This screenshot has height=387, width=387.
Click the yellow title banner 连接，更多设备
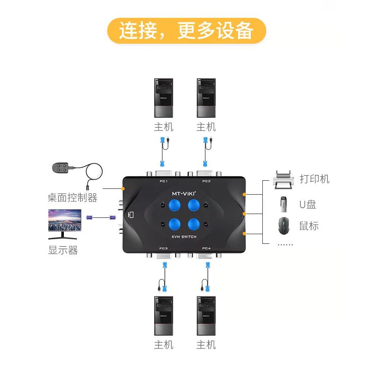pos(187,31)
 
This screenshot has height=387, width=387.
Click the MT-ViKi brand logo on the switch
pos(184,193)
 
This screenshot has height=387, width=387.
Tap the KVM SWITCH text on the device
pos(184,236)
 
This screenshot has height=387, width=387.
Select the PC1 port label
pos(164,182)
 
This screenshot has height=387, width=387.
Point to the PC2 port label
pos(206,182)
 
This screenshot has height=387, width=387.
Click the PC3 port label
pos(163,248)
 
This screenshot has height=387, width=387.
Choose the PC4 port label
pos(206,248)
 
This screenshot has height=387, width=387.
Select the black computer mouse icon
pos(284,226)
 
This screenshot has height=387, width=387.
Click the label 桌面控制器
pos(72,198)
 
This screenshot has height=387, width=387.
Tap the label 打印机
pos(314,179)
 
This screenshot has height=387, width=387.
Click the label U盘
pos(308,204)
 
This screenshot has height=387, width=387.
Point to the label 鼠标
pos(309,226)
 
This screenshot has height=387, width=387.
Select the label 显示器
pos(63,250)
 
